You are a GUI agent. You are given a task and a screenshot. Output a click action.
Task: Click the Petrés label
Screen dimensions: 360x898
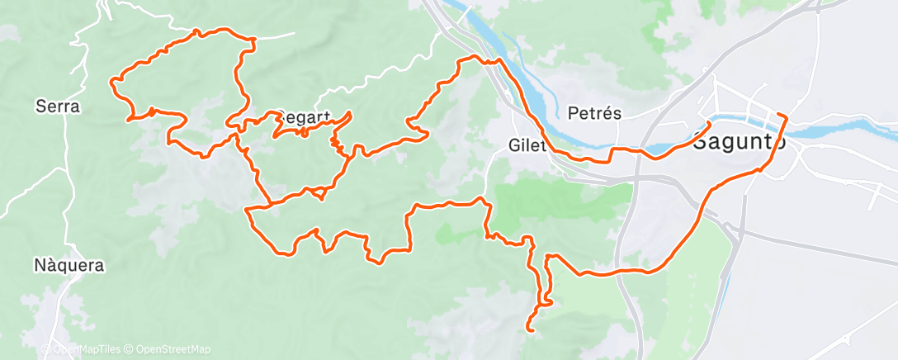pos(594,113)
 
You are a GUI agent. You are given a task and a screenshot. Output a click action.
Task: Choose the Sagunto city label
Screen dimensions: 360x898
pos(739,141)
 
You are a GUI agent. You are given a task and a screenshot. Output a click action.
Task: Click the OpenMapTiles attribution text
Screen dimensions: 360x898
pos(83,350)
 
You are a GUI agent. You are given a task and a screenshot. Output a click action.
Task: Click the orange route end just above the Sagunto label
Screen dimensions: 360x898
pos(709,124)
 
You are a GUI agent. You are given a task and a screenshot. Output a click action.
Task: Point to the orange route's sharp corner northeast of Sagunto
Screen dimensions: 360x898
pos(786,118)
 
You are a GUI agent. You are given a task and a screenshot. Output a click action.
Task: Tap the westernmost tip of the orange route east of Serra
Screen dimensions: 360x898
pos(112,80)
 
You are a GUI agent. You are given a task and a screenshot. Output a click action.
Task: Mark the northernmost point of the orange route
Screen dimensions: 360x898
pos(197,31)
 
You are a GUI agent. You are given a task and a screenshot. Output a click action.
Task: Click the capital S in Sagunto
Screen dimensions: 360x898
pos(699,141)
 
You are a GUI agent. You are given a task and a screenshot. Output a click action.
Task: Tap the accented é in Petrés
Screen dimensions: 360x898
pos(606,113)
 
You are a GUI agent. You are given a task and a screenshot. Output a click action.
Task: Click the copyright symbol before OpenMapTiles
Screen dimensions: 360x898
pos(45,350)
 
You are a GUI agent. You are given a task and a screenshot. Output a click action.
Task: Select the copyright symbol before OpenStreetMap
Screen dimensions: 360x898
pos(130,350)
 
